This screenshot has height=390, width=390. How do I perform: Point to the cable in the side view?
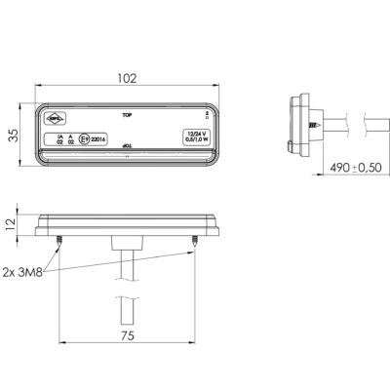(x=346, y=125)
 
